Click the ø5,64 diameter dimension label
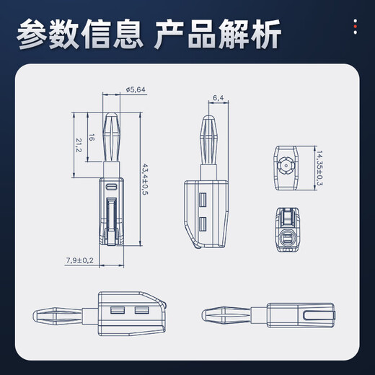[x=136, y=89]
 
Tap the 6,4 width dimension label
[x=218, y=96]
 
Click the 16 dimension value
[x=92, y=137]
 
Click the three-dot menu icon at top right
[x=354, y=28]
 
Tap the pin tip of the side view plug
[x=208, y=118]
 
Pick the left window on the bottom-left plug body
[x=118, y=312]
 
